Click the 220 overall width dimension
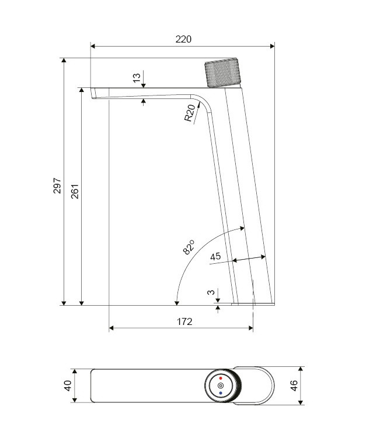(x=183, y=39)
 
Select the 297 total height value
(x=57, y=186)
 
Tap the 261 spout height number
(x=75, y=192)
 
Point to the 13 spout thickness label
(x=137, y=78)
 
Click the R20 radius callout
(x=190, y=113)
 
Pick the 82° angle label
(x=189, y=247)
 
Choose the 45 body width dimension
(x=215, y=256)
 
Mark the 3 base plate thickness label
(x=211, y=292)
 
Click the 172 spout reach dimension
(x=184, y=321)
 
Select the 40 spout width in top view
(x=68, y=386)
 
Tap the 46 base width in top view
(x=294, y=386)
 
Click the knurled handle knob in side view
(x=222, y=72)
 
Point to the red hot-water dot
(x=221, y=378)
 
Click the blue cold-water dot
(x=221, y=393)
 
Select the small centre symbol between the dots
(x=221, y=386)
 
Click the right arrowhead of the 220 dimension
(x=272, y=46)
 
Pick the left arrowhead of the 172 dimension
(x=111, y=328)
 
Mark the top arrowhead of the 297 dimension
(x=64, y=61)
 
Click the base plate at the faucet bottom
(x=253, y=304)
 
